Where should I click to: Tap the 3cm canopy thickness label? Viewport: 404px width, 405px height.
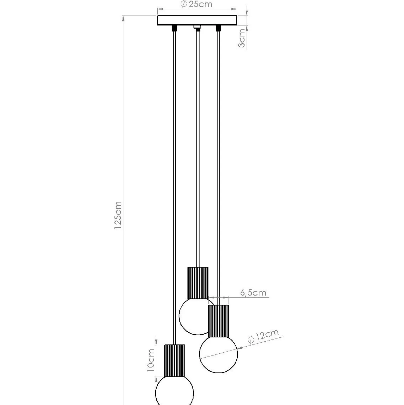pos(242,38)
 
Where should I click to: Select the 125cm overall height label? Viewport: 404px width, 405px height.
pos(118,215)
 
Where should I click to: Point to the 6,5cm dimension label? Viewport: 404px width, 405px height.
pos(253,293)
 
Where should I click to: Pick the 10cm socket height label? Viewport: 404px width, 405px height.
pos(151,360)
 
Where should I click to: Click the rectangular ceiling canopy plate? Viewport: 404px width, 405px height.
pos(197,20)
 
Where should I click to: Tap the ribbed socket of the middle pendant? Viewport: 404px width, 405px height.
pos(198,283)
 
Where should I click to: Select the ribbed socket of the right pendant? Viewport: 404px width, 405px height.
pos(218,321)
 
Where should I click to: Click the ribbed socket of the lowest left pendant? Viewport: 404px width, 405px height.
pos(174,360)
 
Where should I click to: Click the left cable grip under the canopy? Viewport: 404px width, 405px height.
pos(174,28)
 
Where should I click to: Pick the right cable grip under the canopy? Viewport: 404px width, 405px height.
pos(218,28)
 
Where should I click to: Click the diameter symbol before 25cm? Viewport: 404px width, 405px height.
pos(184,4)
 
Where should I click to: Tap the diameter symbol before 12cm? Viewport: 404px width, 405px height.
pos(251,340)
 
